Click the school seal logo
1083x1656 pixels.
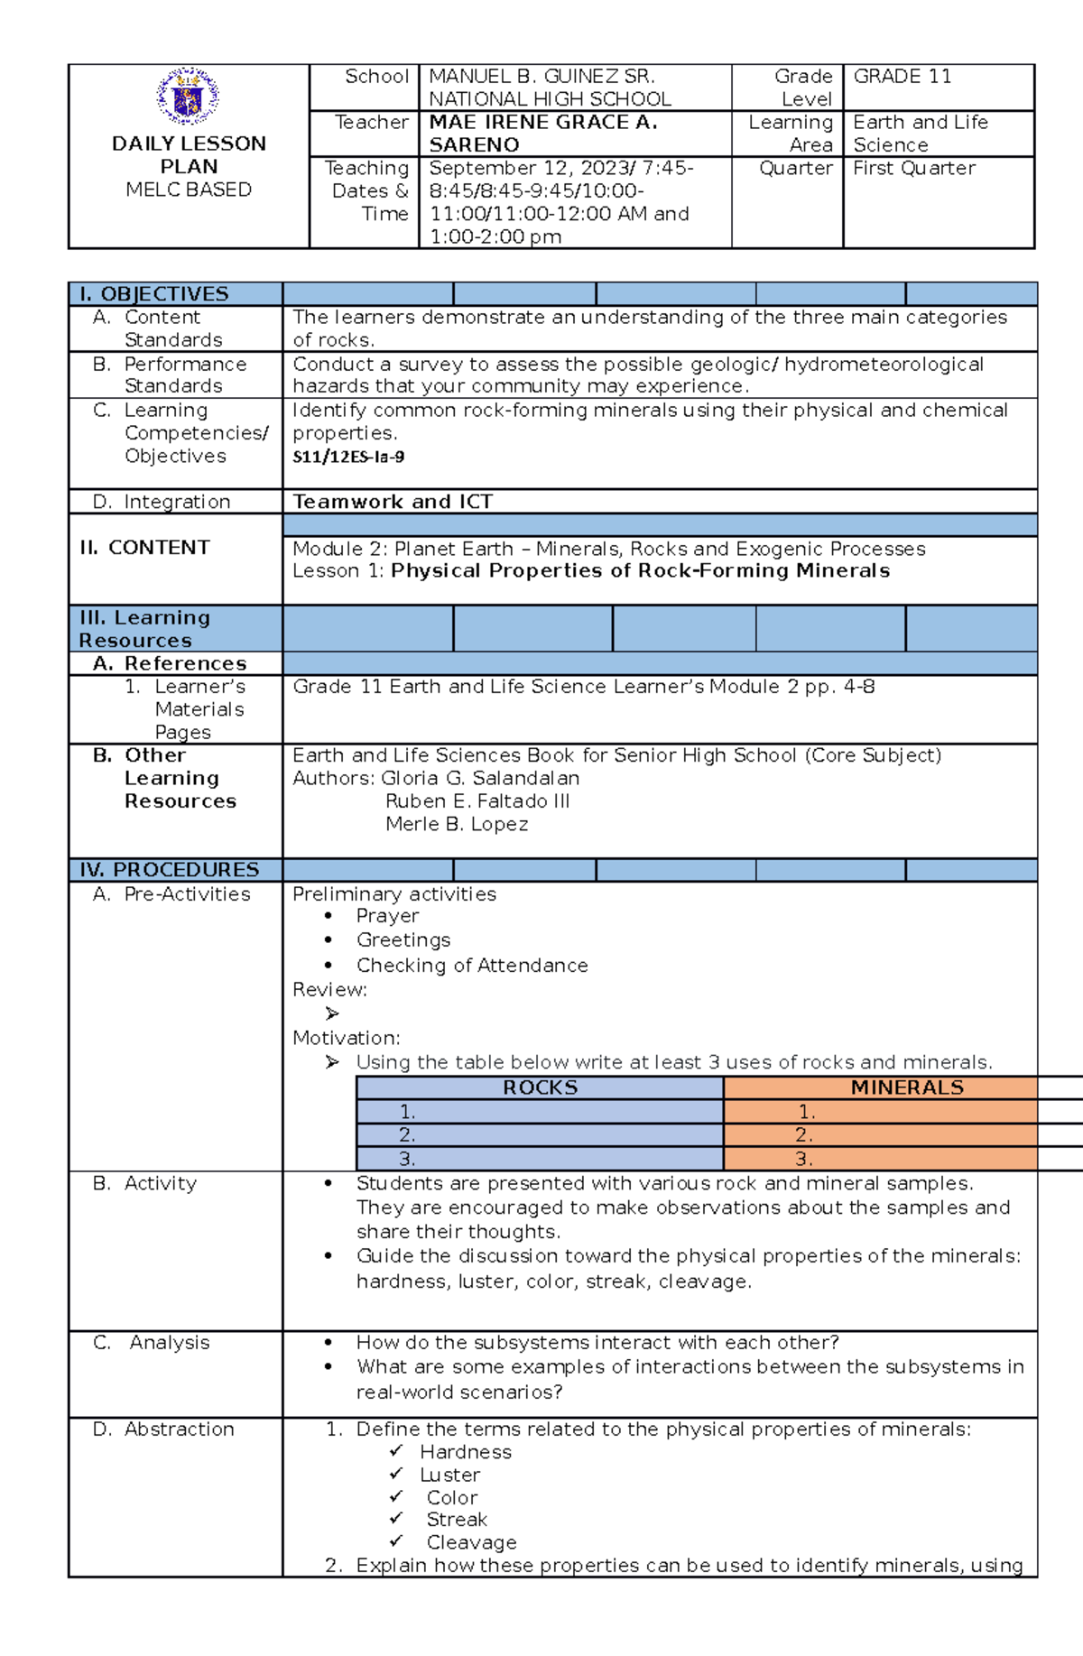pyautogui.click(x=188, y=97)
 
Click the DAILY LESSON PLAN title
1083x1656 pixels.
pyautogui.click(x=189, y=154)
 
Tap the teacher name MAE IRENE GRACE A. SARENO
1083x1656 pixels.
pyautogui.click(x=542, y=134)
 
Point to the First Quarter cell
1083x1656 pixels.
pyautogui.click(x=913, y=168)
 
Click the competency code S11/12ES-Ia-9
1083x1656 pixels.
pyautogui.click(x=348, y=457)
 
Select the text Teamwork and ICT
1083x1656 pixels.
pyautogui.click(x=393, y=502)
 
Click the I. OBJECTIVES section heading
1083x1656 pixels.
pyautogui.click(x=154, y=294)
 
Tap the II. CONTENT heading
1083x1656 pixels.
pyautogui.click(x=144, y=548)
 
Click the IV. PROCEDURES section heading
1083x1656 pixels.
pyautogui.click(x=169, y=870)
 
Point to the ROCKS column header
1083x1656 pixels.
pyautogui.click(x=540, y=1087)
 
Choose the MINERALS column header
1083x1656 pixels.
pyautogui.click(x=906, y=1087)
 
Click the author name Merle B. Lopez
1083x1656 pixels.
pyautogui.click(x=457, y=824)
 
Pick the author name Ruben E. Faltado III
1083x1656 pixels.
pyautogui.click(x=477, y=801)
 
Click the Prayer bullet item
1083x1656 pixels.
pyautogui.click(x=387, y=916)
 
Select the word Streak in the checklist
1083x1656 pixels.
pyautogui.click(x=457, y=1520)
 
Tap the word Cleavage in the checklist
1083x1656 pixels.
pyautogui.click(x=471, y=1542)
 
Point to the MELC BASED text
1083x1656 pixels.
pyautogui.click(x=189, y=190)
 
